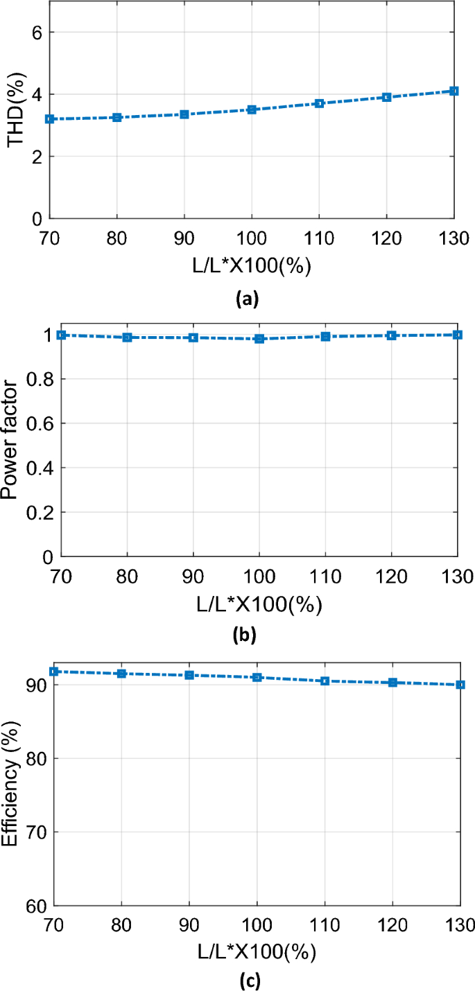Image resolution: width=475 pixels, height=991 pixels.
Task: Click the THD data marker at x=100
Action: [x=252, y=109]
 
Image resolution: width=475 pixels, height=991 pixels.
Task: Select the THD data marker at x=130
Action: [x=454, y=91]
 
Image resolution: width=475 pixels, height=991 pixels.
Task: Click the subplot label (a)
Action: [x=247, y=299]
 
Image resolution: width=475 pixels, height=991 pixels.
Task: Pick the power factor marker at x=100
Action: [x=259, y=339]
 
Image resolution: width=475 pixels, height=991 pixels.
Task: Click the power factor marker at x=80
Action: [x=128, y=337]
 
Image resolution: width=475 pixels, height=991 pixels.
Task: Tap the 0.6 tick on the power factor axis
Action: [x=40, y=423]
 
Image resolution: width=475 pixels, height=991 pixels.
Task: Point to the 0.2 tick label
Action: [x=40, y=512]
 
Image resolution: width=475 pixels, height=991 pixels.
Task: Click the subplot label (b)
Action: [x=247, y=635]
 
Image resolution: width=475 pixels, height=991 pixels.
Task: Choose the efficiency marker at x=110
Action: [x=325, y=681]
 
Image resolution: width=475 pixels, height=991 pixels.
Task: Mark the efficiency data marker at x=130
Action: [x=460, y=685]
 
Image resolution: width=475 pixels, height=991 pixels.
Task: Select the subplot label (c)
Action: [x=247, y=980]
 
